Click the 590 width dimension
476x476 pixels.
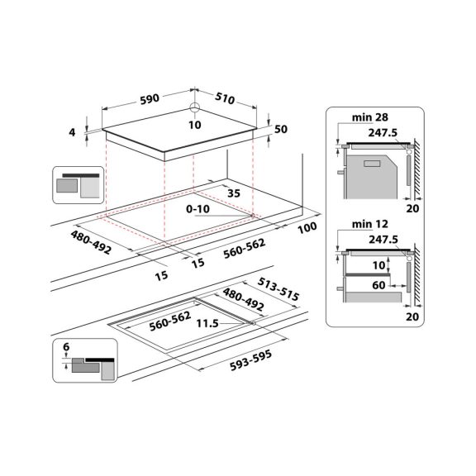coord(150,98)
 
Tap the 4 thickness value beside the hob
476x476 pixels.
coord(73,133)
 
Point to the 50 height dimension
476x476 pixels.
coord(281,130)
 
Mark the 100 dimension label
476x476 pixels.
coord(309,226)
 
